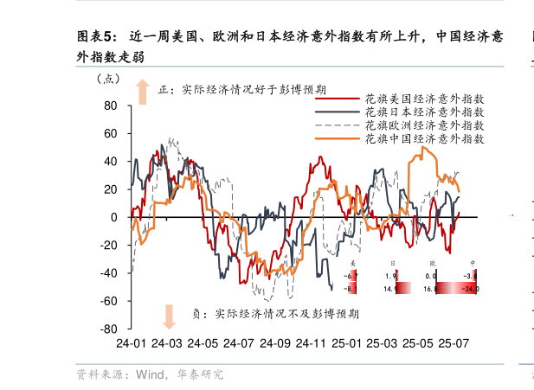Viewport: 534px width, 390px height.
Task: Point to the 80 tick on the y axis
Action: [110, 105]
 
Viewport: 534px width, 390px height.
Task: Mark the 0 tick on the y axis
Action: [114, 217]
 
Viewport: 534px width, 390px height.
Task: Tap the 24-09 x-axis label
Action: [274, 343]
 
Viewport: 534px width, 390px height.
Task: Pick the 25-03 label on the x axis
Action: [383, 343]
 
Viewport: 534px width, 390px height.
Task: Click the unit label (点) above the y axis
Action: [108, 80]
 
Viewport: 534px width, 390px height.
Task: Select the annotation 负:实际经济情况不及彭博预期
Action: [275, 314]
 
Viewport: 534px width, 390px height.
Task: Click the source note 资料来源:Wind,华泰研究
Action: [150, 374]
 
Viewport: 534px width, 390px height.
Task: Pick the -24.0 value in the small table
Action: [469, 289]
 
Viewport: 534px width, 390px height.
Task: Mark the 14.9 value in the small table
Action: [389, 289]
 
